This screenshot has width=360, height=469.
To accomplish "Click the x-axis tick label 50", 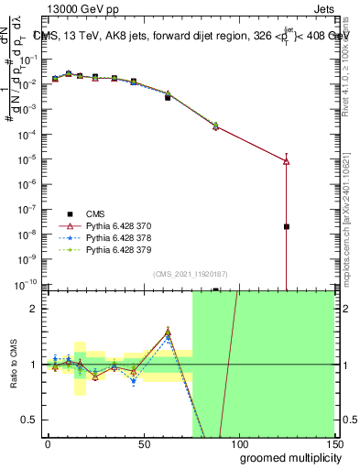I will (143, 442).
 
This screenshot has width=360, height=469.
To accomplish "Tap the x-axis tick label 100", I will (238, 442).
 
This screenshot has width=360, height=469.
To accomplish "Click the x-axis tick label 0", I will (48, 442).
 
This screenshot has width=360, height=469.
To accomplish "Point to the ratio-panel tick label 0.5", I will (29, 420).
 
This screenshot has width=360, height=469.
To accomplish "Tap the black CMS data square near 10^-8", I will (287, 226).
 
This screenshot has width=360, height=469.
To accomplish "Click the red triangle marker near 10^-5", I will (287, 161).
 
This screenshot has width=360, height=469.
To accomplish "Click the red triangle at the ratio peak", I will (168, 333).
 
